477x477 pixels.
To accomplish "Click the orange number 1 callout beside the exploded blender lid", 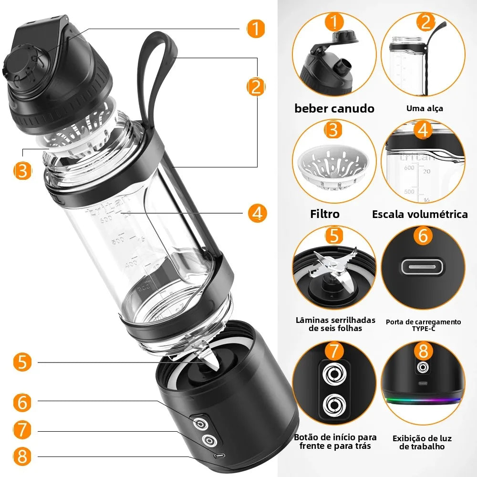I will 256,29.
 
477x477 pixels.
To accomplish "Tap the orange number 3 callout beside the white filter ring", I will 22,170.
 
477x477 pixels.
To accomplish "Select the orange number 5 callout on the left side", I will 22,362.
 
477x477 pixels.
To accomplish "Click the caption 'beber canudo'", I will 334,108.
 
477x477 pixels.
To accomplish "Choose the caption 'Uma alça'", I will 425,108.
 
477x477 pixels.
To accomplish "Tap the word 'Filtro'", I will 325,214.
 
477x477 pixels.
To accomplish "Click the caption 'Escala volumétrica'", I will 420,214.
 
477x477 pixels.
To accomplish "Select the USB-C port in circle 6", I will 423,266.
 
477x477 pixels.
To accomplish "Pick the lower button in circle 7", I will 333,406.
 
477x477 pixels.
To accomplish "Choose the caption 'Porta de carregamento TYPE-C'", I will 423,325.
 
